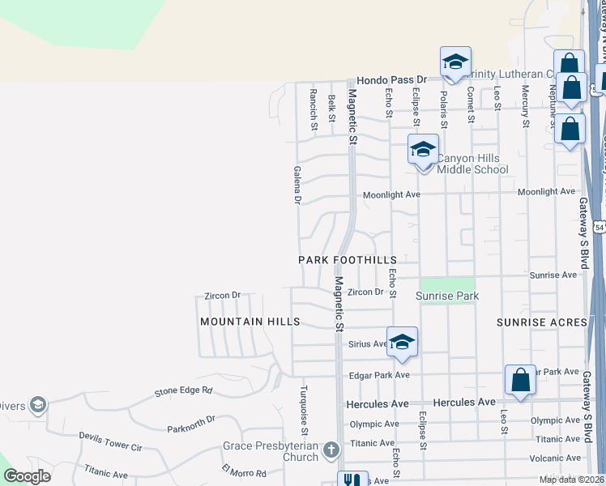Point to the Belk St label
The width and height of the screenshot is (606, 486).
tap(332, 109)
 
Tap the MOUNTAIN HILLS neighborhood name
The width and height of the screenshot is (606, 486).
tap(250, 322)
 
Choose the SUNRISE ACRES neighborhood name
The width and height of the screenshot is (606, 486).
tap(541, 322)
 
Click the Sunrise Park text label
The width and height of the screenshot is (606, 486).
tap(447, 296)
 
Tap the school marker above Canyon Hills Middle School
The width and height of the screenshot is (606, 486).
tap(422, 151)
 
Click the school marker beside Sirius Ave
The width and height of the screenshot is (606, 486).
tap(402, 343)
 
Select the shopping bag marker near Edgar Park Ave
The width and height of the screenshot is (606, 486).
tap(520, 381)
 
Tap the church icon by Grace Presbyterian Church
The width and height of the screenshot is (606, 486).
tap(330, 450)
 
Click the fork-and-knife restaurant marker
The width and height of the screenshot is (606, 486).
tap(352, 480)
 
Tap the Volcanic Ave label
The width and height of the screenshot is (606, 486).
tap(557, 458)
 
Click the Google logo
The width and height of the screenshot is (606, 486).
tap(28, 476)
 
